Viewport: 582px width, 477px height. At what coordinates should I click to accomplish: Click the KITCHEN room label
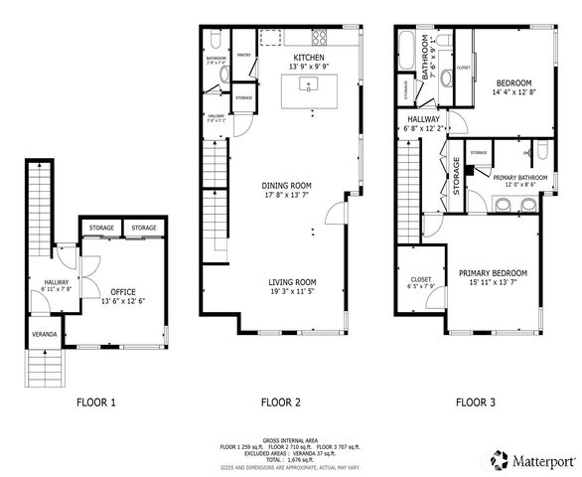[x=309, y=58]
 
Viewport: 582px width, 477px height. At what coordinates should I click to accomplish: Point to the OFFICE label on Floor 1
[x=123, y=291]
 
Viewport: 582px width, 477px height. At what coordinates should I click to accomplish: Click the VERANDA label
[x=44, y=334]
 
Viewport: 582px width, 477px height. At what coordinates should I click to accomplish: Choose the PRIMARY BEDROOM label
[x=493, y=272]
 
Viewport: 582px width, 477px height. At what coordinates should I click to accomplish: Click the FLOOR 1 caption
[x=96, y=402]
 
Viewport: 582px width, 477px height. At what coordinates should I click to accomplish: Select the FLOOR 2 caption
[x=280, y=402]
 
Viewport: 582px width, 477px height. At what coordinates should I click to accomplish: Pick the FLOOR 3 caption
[x=476, y=402]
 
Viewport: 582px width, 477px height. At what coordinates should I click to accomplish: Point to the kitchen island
[x=310, y=91]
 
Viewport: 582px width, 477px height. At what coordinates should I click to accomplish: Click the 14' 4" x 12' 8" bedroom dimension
[x=514, y=92]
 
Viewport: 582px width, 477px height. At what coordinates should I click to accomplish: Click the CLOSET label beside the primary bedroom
[x=420, y=280]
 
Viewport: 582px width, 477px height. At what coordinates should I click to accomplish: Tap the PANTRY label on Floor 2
[x=243, y=57]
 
